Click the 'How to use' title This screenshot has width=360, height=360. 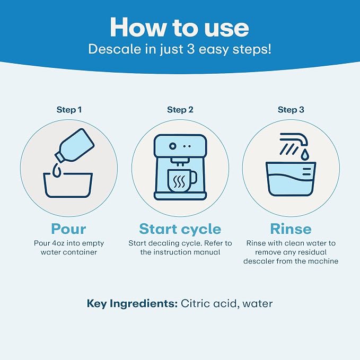tap(180, 28)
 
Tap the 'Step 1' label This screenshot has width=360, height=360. tap(69, 110)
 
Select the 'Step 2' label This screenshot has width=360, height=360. tap(180, 110)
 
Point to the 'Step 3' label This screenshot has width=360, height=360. tap(291, 110)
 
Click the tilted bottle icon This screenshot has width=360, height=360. tap(75, 146)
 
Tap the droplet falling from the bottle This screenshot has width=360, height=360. tap(57, 170)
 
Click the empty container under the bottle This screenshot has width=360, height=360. tap(68, 185)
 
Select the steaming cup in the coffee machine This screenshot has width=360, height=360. tap(182, 181)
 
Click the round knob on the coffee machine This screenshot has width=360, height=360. tap(173, 146)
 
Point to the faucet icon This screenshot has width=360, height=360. tap(294, 139)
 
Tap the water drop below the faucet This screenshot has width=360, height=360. tap(304, 154)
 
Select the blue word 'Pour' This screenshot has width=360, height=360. tap(68, 229)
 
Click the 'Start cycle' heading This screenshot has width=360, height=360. tap(180, 229)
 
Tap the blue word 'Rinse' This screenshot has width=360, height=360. tap(291, 229)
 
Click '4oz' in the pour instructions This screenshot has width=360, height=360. tap(58, 243)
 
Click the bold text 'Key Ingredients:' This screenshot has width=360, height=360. tap(132, 304)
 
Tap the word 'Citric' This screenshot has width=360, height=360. tap(196, 303)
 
